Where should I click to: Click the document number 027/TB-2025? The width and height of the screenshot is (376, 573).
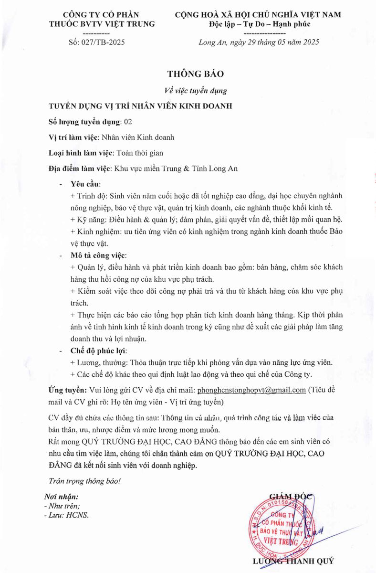[x=96, y=42]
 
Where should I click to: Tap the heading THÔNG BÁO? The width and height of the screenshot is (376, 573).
[x=195, y=74]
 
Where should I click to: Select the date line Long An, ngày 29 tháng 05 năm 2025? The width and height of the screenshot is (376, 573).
[x=259, y=42]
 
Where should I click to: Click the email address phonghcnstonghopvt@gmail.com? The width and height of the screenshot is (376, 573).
[x=251, y=390]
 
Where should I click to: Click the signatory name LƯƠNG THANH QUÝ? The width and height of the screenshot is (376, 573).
[x=293, y=561]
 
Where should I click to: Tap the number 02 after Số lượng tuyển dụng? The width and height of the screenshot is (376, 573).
[x=128, y=122]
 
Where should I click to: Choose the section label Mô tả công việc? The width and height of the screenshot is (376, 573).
[x=99, y=255]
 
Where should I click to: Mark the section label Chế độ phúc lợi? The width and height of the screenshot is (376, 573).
[x=95, y=351]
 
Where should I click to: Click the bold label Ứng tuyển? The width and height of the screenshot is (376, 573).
[x=68, y=390]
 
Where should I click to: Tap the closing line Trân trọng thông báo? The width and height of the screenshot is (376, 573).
[x=85, y=481]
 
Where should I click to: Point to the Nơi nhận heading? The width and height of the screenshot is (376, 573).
[x=62, y=497]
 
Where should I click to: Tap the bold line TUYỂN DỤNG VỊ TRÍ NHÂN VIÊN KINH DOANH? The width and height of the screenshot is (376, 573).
[x=141, y=106]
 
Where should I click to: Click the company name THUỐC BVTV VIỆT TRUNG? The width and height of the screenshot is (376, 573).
[x=103, y=23]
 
